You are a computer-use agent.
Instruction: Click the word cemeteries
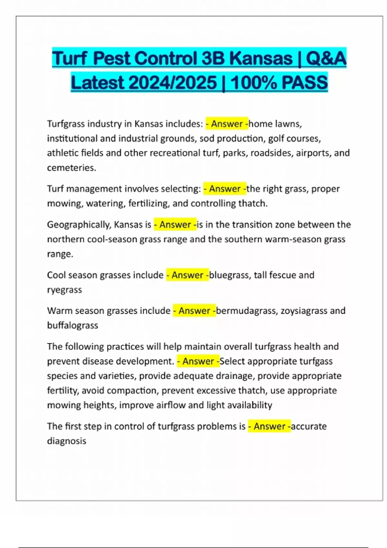coord(71,168)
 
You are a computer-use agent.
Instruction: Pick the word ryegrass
coord(64,290)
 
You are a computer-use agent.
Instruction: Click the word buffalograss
coord(73,325)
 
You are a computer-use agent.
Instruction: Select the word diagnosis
coord(67,441)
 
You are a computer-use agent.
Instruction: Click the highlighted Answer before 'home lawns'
coord(227,124)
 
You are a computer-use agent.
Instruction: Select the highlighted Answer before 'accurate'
coord(269,426)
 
